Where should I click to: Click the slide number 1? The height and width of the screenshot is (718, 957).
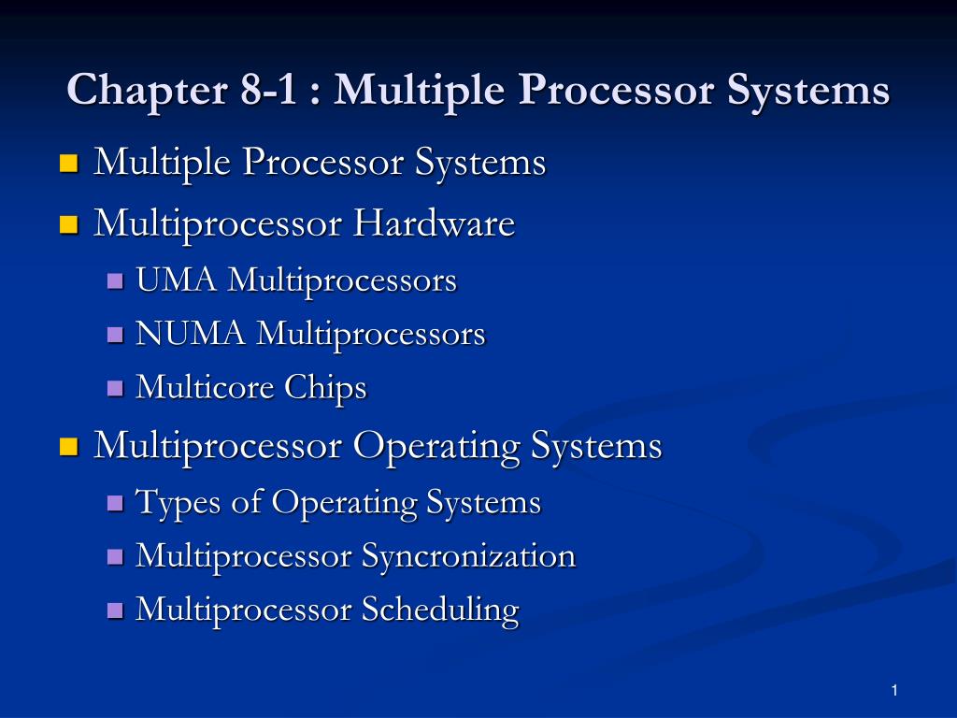(x=894, y=690)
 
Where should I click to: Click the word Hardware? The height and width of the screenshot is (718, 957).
(x=434, y=223)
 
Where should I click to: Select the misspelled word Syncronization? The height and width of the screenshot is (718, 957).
(x=468, y=556)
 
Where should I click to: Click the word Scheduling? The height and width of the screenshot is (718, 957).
(x=440, y=610)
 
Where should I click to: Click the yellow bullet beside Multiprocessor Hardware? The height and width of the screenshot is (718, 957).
(x=67, y=224)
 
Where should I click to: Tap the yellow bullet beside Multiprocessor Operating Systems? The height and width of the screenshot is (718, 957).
(x=67, y=446)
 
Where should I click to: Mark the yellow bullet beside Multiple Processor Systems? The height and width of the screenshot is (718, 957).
(x=67, y=164)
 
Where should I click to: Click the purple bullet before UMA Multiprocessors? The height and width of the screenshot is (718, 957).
(x=115, y=280)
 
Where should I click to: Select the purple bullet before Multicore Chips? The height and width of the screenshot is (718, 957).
(x=115, y=388)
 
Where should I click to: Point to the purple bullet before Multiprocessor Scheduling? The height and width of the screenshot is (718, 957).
(x=115, y=610)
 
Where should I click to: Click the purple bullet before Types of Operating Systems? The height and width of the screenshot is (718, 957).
(x=115, y=503)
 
